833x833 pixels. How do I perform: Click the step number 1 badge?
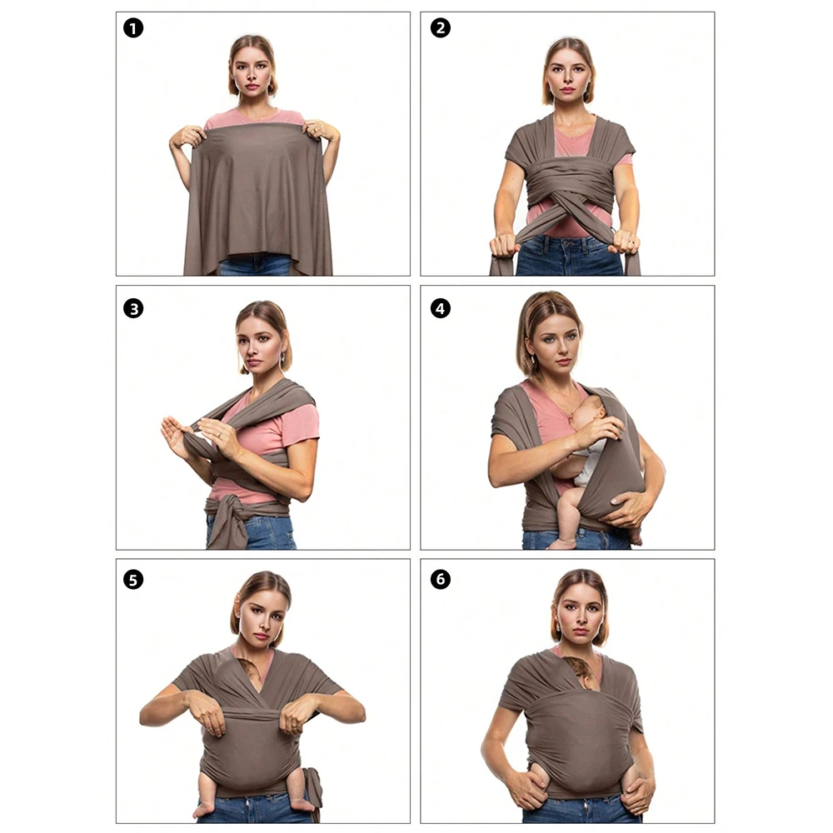coord(133,28)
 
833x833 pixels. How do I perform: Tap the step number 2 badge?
coord(441,28)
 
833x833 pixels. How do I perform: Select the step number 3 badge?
coord(133,309)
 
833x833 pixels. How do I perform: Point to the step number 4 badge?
coord(441,308)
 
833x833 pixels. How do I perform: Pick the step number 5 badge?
coord(133,580)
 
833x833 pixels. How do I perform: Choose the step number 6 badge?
coord(441,579)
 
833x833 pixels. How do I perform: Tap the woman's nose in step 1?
coord(252,74)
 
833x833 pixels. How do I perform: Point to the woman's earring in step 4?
coord(533,360)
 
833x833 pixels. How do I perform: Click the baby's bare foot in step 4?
coord(561,543)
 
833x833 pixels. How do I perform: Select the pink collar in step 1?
coord(255,115)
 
